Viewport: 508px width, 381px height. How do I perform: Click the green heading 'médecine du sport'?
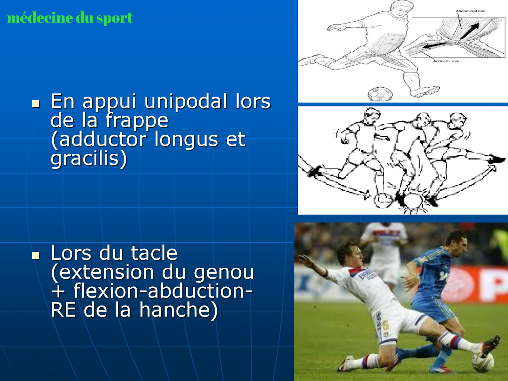[x=70, y=18]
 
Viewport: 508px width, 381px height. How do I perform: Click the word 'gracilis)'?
[x=89, y=159]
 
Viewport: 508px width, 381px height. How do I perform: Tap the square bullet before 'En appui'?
[x=36, y=104]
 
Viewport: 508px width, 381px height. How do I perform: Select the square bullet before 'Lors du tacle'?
[x=36, y=255]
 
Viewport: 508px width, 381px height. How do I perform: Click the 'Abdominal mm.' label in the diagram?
[x=471, y=11]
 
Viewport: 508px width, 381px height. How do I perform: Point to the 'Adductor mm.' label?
[x=447, y=61]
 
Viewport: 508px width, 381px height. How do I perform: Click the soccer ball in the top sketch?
[x=380, y=94]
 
